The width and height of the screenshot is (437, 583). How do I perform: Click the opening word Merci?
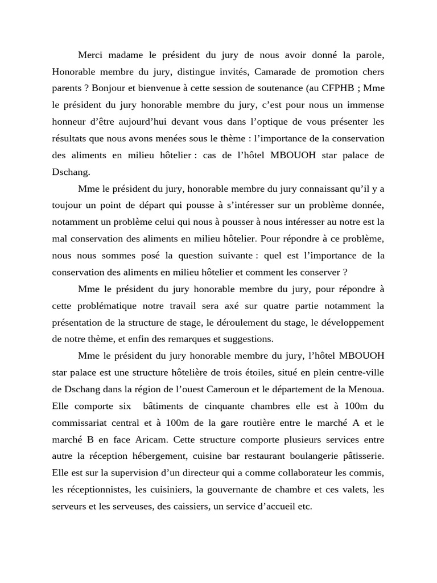pyautogui.click(x=90, y=55)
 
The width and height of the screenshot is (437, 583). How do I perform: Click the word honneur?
pyautogui.click(x=70, y=122)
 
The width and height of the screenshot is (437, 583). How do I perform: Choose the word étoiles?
pyautogui.click(x=262, y=373)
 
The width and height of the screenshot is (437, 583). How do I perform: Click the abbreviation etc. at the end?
pyautogui.click(x=304, y=506)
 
